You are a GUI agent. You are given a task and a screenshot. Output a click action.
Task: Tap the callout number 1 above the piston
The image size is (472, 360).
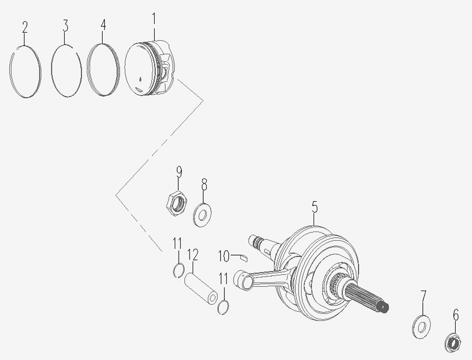point(154,19)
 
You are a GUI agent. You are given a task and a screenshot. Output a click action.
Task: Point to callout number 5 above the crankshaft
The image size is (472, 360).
point(315,207)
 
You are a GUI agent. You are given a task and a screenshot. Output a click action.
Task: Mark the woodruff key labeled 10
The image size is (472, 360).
point(244,257)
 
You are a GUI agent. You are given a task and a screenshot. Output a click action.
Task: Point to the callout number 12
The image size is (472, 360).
point(193,255)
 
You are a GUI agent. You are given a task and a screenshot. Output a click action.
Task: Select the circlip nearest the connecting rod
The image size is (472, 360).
point(223,307)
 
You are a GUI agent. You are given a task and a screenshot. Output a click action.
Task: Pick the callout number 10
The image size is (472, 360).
point(224,256)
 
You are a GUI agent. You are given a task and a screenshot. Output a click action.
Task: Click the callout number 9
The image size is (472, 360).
point(179,172)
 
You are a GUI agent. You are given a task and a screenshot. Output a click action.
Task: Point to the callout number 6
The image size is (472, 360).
point(456,315)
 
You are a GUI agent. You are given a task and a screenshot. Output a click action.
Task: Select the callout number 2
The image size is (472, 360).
point(25,27)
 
